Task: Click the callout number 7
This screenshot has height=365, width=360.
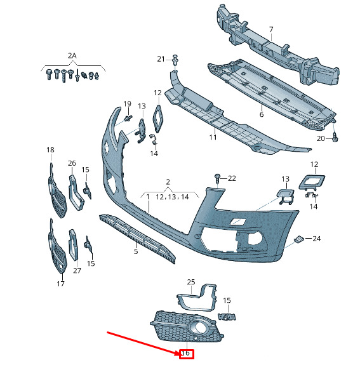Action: pyautogui.click(x=271, y=30)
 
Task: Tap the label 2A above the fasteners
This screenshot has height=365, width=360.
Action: pyautogui.click(x=72, y=56)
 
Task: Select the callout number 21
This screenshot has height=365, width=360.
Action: pyautogui.click(x=161, y=59)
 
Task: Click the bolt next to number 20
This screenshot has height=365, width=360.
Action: pyautogui.click(x=335, y=137)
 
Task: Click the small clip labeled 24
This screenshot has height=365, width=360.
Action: pyautogui.click(x=298, y=239)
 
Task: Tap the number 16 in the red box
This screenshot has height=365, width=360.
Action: pyautogui.click(x=186, y=353)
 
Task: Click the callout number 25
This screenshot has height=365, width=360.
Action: pyautogui.click(x=191, y=282)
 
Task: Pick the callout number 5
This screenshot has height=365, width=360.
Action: pyautogui.click(x=136, y=251)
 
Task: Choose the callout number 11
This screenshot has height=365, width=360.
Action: pyautogui.click(x=213, y=137)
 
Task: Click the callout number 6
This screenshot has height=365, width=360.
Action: pyautogui.click(x=262, y=114)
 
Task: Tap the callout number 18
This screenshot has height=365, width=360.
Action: pyautogui.click(x=50, y=150)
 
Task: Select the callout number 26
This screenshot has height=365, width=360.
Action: pyautogui.click(x=72, y=163)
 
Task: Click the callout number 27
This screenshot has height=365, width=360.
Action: pyautogui.click(x=77, y=270)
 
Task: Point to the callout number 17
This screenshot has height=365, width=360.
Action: pyautogui.click(x=60, y=284)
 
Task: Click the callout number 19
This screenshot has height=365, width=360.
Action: pyautogui.click(x=127, y=104)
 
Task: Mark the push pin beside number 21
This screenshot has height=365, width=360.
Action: pyautogui.click(x=175, y=60)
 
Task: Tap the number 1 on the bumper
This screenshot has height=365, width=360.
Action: pyautogui.click(x=148, y=197)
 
